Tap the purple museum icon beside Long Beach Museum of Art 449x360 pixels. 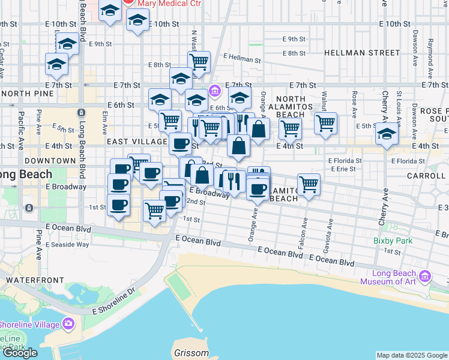426,277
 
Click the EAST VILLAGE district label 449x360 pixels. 137,142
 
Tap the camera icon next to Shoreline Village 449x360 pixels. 68,324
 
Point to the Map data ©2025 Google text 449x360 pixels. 412,355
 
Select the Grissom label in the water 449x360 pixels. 191,353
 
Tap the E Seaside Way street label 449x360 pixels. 67,244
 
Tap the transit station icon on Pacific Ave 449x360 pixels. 29,208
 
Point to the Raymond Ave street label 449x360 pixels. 430,53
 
